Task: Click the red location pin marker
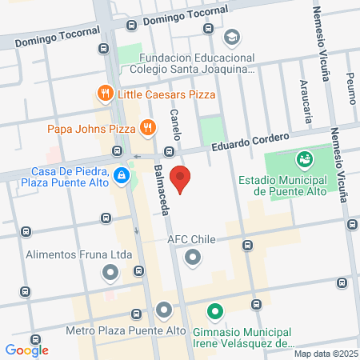click(x=182, y=180)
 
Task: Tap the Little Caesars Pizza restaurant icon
click(x=104, y=94)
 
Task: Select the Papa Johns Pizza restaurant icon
click(x=147, y=127)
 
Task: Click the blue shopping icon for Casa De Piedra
click(x=120, y=174)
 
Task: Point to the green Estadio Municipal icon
click(x=304, y=161)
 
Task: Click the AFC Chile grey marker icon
click(x=192, y=258)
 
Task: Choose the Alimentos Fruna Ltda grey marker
click(x=110, y=274)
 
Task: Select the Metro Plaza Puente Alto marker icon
click(x=164, y=310)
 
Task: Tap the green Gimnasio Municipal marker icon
click(x=214, y=311)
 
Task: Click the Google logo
click(x=27, y=350)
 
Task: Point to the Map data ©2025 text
click(x=323, y=354)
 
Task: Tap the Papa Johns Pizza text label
click(x=92, y=128)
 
